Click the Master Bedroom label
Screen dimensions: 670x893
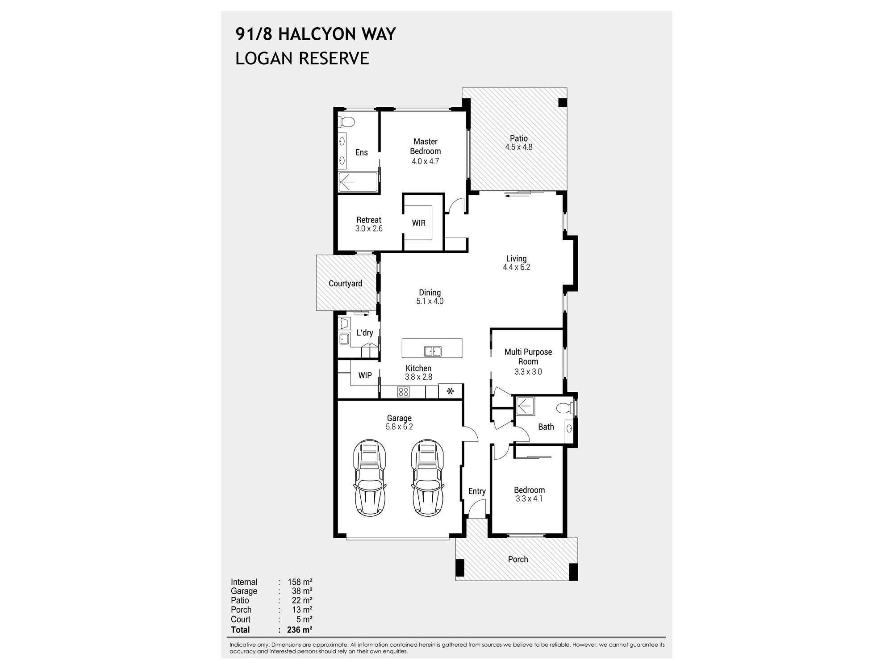tap(425, 147)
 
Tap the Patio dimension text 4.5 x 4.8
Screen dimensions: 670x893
tap(518, 147)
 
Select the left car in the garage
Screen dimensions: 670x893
tap(369, 478)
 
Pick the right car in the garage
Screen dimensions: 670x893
tap(427, 478)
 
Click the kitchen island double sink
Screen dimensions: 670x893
tap(433, 352)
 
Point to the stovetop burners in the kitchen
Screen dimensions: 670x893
tap(403, 392)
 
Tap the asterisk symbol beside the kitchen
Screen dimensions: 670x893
tap(450, 391)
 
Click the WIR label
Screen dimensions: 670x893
tap(418, 223)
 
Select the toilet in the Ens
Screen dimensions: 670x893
tap(347, 121)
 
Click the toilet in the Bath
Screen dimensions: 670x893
tap(564, 408)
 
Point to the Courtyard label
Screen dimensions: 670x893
tap(345, 284)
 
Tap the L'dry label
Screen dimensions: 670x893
tap(365, 333)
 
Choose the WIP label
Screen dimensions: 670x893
tap(365, 376)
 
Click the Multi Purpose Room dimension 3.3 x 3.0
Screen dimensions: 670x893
tap(528, 372)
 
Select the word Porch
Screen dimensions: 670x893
tap(518, 559)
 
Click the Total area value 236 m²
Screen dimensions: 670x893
tap(300, 630)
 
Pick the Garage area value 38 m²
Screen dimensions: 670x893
tap(302, 591)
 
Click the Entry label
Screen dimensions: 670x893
tap(477, 491)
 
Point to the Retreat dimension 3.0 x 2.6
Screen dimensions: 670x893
tap(369, 229)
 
